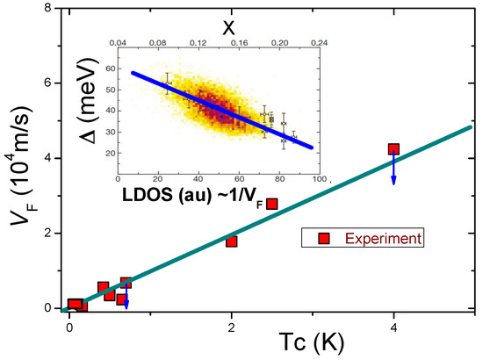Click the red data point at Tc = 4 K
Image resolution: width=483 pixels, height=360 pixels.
coord(393,149)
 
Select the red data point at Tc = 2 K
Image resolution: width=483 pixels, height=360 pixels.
coord(232,241)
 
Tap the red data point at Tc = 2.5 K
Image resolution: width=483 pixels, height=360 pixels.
coord(272,204)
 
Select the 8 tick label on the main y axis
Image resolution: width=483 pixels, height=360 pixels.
coord(56,9)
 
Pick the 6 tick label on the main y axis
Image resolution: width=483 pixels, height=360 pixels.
coord(56,83)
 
